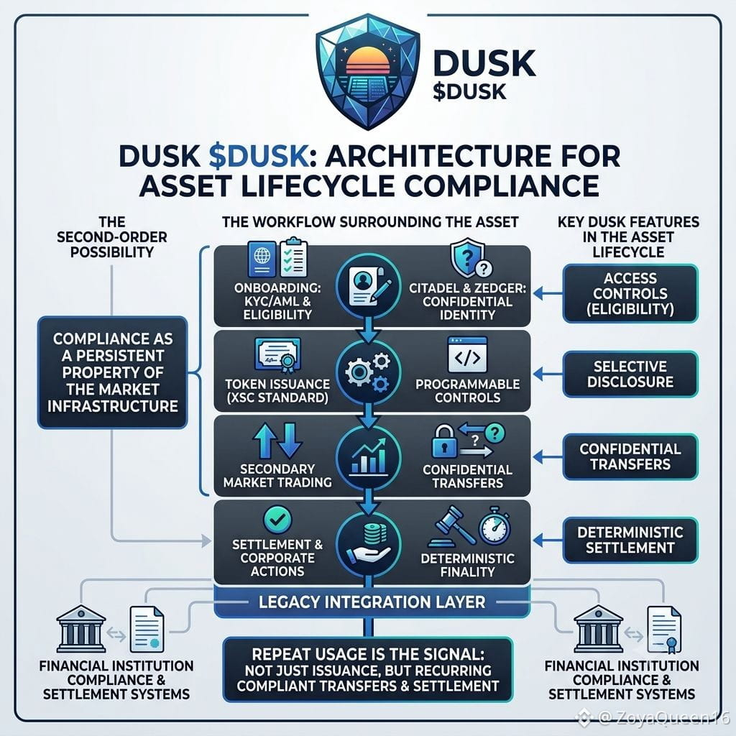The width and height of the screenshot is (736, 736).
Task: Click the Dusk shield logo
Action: (x=368, y=71)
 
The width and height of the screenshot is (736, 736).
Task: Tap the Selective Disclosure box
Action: (x=630, y=374)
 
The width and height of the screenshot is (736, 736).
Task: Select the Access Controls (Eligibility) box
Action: (x=630, y=293)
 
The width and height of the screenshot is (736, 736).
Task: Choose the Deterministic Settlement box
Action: (x=630, y=540)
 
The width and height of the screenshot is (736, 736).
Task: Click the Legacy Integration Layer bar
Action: (x=372, y=602)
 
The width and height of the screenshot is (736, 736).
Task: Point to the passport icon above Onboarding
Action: (x=262, y=259)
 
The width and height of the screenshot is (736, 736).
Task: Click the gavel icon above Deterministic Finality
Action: (x=451, y=527)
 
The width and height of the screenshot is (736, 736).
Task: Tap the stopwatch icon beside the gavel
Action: (x=494, y=525)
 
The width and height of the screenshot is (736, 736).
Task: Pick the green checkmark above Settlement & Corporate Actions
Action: (x=277, y=520)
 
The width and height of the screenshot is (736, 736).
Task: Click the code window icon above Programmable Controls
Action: (x=467, y=354)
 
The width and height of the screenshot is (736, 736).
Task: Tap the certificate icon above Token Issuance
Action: (x=278, y=356)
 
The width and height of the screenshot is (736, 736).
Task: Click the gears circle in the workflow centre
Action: (x=369, y=372)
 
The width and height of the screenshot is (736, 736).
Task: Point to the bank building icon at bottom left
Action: (x=80, y=629)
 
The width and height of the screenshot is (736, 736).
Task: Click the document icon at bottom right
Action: (x=664, y=630)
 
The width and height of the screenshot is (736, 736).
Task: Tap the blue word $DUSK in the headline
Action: (x=259, y=156)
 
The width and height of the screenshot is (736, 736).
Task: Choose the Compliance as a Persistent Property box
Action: (x=113, y=372)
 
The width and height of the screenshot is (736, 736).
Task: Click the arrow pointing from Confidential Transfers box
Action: (x=548, y=456)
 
